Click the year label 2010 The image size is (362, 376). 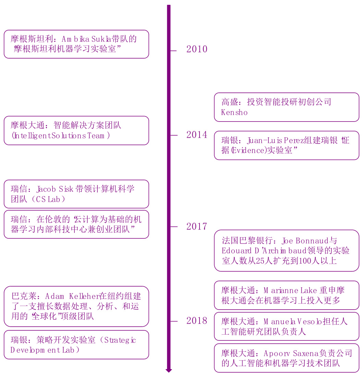197,49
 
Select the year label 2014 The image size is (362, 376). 197,135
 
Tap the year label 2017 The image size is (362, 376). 197,227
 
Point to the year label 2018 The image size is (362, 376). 197,321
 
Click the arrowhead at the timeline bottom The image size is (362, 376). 169,371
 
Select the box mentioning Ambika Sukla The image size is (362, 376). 76,44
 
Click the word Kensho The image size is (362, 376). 234,113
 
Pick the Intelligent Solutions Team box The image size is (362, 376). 76,130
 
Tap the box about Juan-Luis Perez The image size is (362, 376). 286,145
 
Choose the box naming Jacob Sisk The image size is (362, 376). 76,194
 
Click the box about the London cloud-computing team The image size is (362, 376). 76,224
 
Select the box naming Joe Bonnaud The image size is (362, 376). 286,251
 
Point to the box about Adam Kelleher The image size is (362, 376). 76,306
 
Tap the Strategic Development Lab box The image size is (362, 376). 76,345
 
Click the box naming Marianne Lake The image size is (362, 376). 286,296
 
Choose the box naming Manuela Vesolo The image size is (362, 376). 286,326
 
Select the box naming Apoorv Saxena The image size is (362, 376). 286,358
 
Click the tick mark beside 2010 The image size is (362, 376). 173,51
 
